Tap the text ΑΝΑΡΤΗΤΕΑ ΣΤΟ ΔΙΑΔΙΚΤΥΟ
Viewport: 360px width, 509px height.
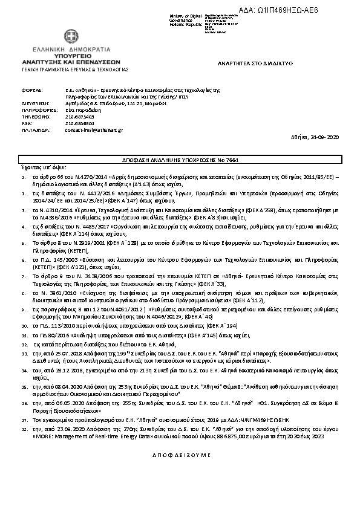pos(255,63)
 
